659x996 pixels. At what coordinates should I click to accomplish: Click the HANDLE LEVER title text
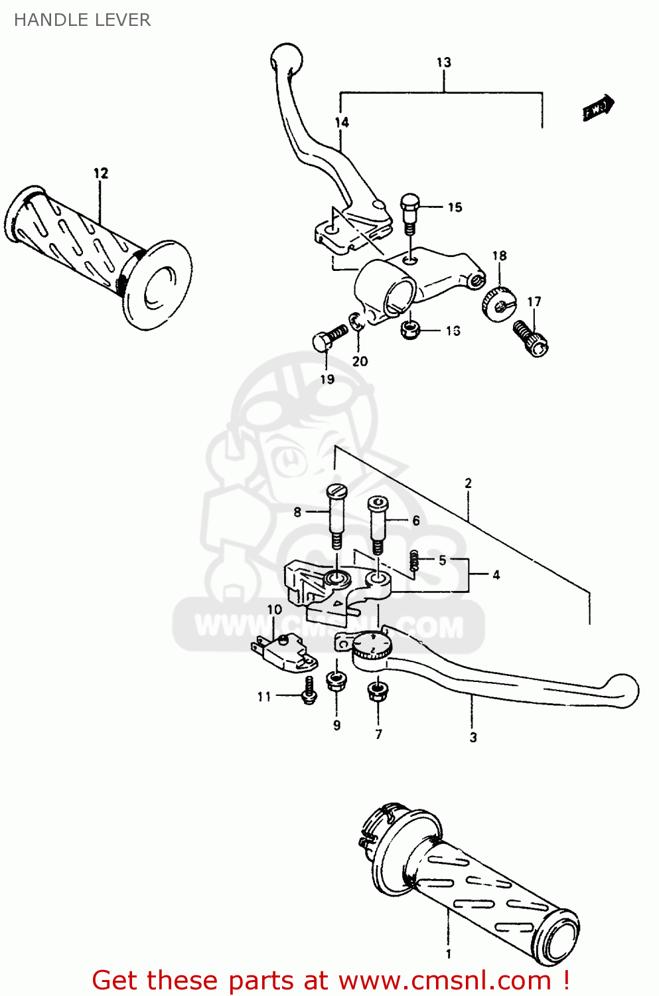82,20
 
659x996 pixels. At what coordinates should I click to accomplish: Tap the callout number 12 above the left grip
101,173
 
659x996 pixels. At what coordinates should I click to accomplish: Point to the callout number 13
443,62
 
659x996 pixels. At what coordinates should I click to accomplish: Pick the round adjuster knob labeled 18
498,303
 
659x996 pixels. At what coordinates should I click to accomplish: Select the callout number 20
360,361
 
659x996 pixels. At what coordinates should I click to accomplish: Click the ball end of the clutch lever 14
287,57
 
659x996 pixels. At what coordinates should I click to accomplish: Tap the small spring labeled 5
414,561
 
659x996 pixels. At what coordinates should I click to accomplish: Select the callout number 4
496,575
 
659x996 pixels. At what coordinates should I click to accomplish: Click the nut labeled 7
378,693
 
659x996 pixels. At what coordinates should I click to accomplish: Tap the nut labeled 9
336,682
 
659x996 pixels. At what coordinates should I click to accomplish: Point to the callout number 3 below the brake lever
473,737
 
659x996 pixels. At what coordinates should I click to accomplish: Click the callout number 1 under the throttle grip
449,954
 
